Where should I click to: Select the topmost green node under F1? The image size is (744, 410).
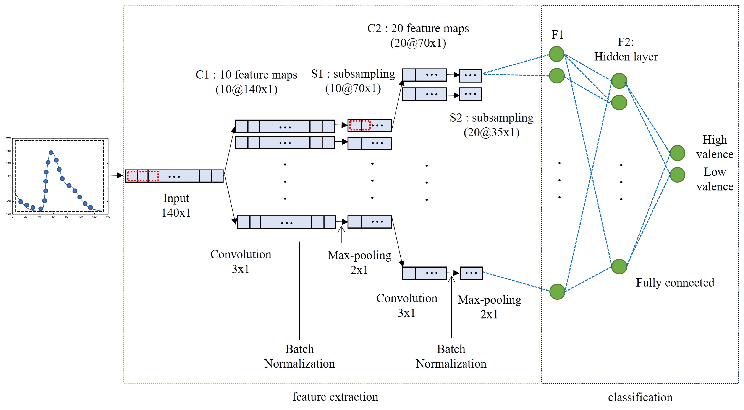pos(556,54)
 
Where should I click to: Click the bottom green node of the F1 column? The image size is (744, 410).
pos(557,291)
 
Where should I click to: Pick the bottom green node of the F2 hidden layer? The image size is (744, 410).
pos(619,266)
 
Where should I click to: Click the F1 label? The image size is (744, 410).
pos(557,35)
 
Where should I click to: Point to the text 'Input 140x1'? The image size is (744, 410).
pos(176,205)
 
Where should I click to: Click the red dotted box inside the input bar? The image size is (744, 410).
pos(143,176)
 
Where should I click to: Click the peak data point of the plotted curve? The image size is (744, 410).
pos(51,152)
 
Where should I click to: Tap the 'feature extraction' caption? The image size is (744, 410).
pos(335,397)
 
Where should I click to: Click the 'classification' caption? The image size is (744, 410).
pos(640,397)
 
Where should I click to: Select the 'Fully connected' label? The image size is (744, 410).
pos(675,283)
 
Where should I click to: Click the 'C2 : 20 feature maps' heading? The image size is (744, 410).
pos(418,28)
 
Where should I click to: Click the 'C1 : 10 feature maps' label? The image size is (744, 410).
pos(246,75)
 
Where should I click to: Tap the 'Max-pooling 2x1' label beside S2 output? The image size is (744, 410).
pos(489,307)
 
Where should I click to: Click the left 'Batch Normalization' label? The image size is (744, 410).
pos(299,356)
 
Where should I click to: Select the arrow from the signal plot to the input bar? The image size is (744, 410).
pos(116,175)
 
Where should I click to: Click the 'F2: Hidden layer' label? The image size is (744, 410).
pos(626,49)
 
